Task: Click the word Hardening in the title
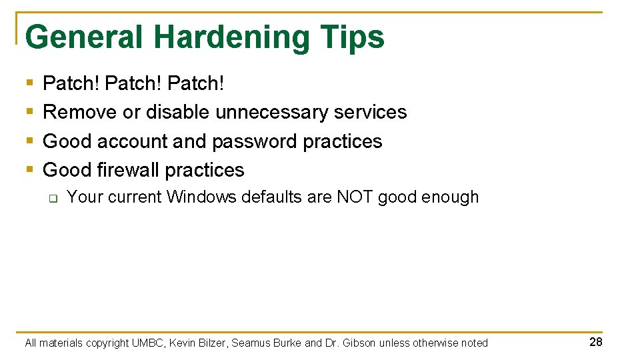click(231, 37)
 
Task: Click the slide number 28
click(595, 342)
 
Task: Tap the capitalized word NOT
click(355, 197)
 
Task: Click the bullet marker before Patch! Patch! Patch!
click(29, 83)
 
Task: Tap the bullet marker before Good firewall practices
click(29, 170)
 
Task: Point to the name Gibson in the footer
click(359, 343)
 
